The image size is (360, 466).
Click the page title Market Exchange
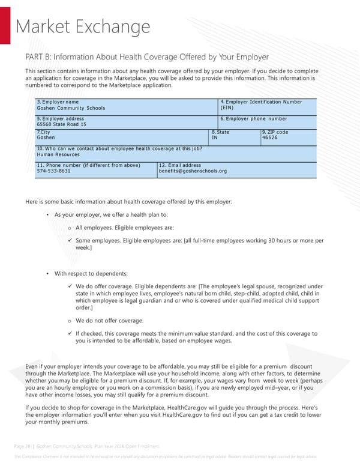82,27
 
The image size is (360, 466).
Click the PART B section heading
147,57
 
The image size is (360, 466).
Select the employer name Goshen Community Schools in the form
71,108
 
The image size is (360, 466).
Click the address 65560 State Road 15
61,124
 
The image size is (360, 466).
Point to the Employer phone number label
254,119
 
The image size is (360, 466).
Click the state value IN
215,138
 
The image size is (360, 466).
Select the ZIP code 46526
269,138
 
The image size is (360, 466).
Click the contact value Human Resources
58,154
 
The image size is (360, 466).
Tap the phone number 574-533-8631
53,171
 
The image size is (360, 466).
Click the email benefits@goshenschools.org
193,171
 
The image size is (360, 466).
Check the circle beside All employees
70,228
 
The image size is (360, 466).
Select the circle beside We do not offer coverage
70,321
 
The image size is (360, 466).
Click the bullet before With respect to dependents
47,274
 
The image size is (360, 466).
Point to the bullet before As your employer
47,215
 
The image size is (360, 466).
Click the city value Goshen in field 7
46,138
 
